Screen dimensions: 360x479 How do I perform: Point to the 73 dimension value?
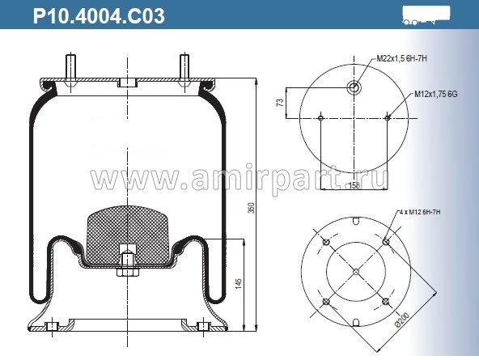[281, 103]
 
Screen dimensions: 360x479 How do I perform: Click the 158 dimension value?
[354, 186]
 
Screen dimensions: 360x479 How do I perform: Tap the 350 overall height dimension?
[251, 207]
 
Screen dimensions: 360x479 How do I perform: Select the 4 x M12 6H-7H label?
[421, 212]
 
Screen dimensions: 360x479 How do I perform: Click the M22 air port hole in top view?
[354, 87]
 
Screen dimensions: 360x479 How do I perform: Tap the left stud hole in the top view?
[321, 118]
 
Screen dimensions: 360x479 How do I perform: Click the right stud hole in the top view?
[388, 118]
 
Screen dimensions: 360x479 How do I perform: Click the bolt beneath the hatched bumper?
[128, 265]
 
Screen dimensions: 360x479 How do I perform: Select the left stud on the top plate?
[72, 66]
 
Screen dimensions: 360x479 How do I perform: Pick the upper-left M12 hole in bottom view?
[325, 241]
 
